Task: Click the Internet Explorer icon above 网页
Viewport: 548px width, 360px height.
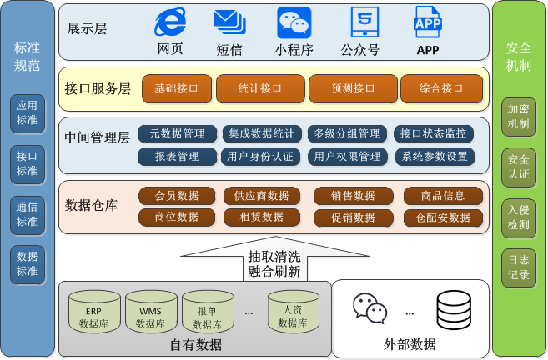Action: [171, 22]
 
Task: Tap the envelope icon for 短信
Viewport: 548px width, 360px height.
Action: [229, 22]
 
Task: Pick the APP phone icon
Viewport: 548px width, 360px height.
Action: [428, 22]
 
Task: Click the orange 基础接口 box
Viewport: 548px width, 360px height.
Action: [176, 87]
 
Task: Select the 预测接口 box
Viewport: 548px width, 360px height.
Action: [351, 87]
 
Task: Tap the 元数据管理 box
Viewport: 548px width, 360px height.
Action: [177, 133]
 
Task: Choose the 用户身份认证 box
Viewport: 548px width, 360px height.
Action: [260, 156]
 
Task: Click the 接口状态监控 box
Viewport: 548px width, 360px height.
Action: [433, 133]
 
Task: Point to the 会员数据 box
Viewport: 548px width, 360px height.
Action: [177, 196]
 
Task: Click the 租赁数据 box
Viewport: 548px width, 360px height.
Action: [262, 217]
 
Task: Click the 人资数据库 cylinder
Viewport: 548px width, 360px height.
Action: [294, 310]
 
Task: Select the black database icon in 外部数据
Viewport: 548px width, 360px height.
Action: [454, 309]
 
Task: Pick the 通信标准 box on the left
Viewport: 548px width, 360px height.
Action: [28, 214]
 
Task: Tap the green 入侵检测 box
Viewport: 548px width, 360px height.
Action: [519, 215]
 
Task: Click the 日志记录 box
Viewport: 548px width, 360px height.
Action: [519, 267]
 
